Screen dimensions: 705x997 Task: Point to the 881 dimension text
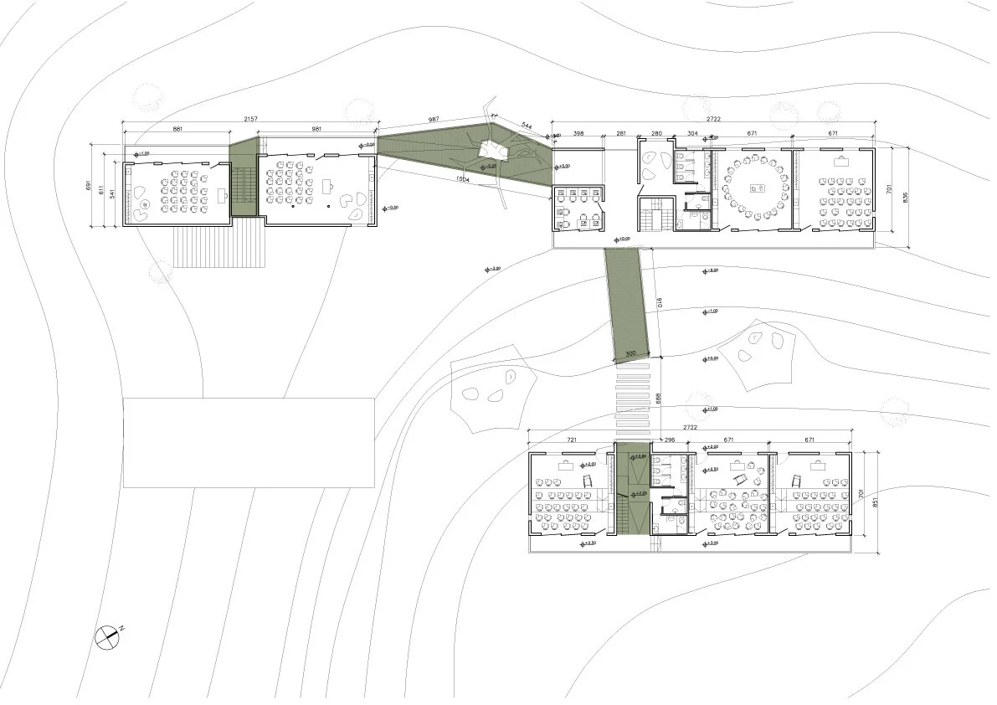177,130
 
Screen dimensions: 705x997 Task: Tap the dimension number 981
316,130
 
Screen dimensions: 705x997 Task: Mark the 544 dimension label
526,126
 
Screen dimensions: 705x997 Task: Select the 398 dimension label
577,133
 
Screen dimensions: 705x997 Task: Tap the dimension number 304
692,133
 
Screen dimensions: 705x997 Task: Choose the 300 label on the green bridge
631,354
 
